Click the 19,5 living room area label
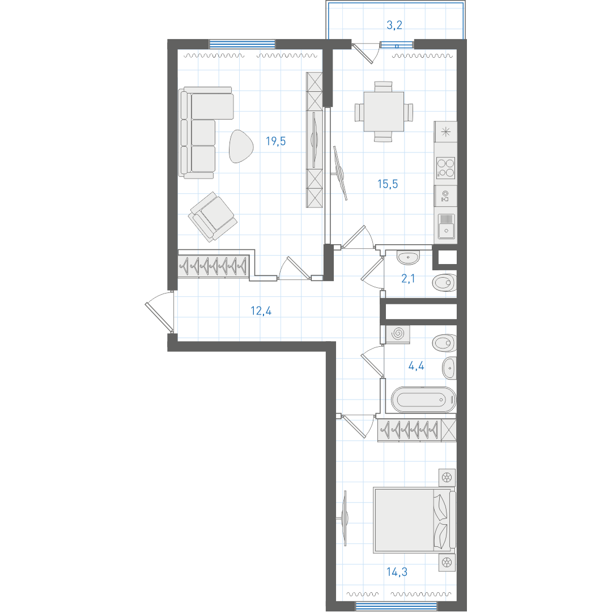tap(275, 141)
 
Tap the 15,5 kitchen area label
tap(388, 184)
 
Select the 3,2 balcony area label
tap(394, 25)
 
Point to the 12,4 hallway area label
tap(261, 311)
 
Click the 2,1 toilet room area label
tap(408, 279)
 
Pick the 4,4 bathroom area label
tap(416, 366)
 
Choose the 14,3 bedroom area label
tap(397, 572)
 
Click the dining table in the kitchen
tap(384, 112)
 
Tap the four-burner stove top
tap(445, 167)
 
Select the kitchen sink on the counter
tap(446, 226)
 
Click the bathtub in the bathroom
tap(423, 399)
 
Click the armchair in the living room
tap(212, 216)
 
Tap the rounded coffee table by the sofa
tap(240, 146)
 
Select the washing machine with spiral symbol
tap(398, 334)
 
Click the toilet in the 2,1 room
tap(444, 283)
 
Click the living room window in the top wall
tap(243, 44)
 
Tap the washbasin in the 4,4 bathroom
tap(449, 368)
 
